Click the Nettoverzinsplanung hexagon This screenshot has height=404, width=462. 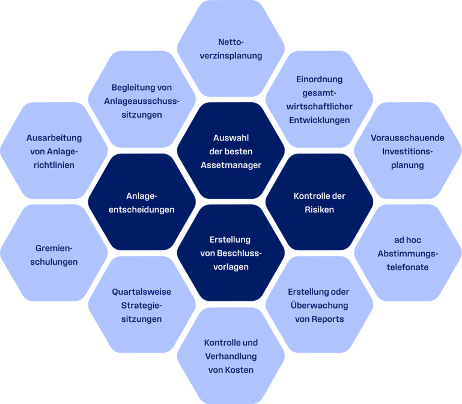click(x=231, y=49)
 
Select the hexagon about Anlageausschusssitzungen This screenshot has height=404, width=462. click(x=142, y=100)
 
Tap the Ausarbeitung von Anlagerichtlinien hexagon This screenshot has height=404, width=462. click(x=54, y=151)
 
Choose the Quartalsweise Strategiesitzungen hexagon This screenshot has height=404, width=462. click(x=142, y=305)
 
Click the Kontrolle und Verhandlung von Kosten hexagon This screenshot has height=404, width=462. click(x=231, y=356)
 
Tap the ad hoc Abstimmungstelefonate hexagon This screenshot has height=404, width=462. click(x=407, y=253)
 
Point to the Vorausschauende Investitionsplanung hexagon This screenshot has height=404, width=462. click(x=407, y=151)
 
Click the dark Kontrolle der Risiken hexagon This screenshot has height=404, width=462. click(x=320, y=203)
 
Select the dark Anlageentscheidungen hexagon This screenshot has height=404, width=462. click(x=142, y=203)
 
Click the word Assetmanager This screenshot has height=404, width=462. click(x=231, y=165)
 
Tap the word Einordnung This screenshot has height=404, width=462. click(x=320, y=79)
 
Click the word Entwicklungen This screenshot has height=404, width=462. click(x=320, y=120)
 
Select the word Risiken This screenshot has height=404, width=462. click(x=320, y=210)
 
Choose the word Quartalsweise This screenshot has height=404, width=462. click(x=142, y=292)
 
